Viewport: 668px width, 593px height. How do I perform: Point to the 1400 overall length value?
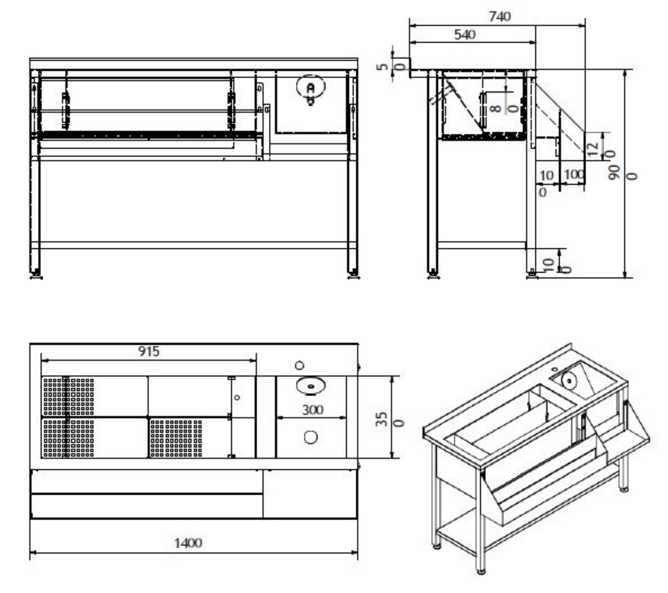188,543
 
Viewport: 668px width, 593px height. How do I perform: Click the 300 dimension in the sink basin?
313,410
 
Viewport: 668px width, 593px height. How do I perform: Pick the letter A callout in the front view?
311,88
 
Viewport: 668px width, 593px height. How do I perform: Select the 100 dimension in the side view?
574,174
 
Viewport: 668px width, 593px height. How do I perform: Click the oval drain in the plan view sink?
311,386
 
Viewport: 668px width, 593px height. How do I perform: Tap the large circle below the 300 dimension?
311,437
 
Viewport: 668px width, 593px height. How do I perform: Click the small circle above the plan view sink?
300,365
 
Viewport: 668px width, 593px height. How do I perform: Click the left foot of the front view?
35,275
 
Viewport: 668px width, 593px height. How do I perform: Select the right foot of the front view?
353,275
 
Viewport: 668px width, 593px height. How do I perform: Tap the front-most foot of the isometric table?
481,572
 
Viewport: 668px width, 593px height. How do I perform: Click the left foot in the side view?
433,275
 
